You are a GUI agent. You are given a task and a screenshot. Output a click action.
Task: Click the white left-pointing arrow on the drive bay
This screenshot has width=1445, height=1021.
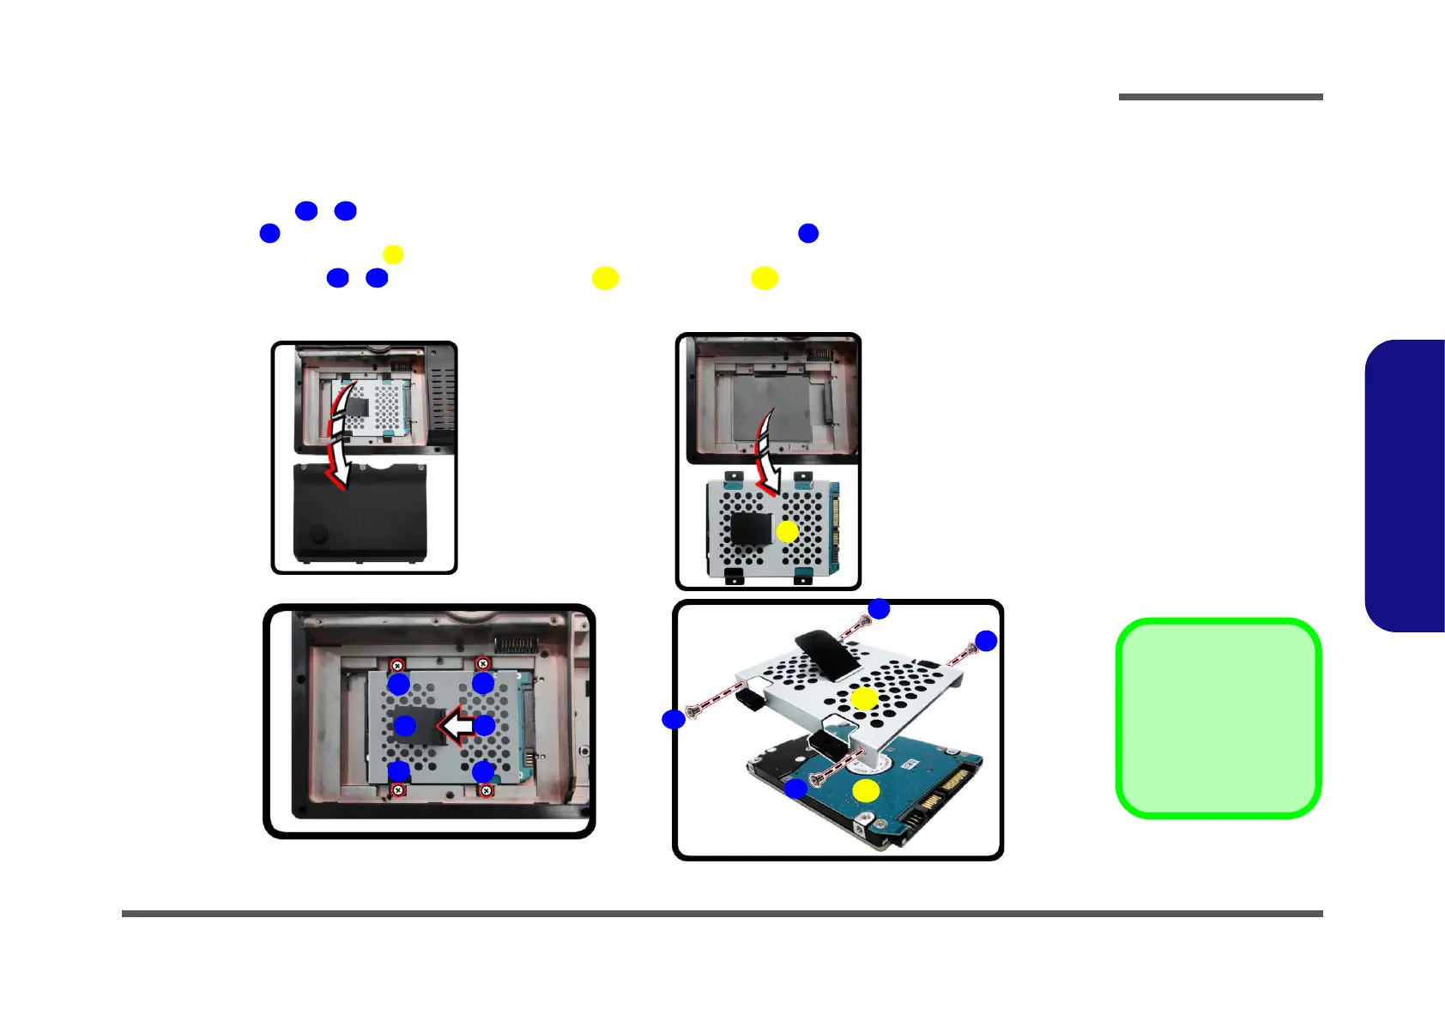coord(458,726)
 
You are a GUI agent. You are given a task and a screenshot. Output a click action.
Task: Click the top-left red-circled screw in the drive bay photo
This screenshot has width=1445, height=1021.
coord(397,665)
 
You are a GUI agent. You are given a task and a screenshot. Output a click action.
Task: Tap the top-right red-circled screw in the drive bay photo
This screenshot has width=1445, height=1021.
coord(482,664)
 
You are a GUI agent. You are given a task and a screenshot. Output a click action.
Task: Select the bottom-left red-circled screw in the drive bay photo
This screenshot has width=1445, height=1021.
coord(398,789)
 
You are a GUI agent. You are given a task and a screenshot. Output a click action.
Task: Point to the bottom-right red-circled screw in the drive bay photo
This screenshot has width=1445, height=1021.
coord(486,790)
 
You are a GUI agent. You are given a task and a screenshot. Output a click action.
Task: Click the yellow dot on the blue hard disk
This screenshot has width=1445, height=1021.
coord(866,791)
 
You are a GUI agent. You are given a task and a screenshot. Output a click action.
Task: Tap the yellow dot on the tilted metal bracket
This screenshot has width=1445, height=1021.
coord(864,698)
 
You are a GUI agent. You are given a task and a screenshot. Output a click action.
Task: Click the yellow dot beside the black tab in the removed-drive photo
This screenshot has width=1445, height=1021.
coord(787,533)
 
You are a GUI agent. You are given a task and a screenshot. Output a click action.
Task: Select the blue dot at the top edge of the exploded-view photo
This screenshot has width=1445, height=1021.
coord(879,609)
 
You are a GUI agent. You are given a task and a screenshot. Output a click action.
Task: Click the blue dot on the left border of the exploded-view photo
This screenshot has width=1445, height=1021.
coord(674,719)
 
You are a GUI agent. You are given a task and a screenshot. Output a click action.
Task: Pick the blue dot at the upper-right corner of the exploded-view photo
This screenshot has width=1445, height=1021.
coord(986,641)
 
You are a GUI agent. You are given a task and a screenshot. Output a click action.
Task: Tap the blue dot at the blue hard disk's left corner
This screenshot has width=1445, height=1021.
coord(796,788)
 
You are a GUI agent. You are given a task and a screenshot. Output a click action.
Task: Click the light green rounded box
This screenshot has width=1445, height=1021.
coord(1218,718)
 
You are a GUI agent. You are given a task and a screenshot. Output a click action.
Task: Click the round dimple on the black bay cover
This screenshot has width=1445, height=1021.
coord(318,533)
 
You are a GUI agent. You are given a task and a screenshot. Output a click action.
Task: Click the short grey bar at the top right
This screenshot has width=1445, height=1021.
coord(1220,97)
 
